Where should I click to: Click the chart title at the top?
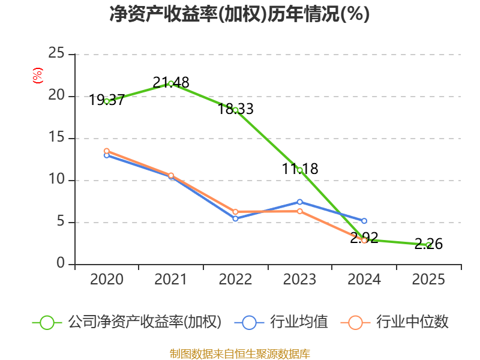click(x=239, y=14)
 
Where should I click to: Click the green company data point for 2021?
click(x=171, y=83)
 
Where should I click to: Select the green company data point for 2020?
click(x=107, y=101)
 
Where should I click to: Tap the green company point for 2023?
click(x=299, y=170)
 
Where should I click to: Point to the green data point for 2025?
click(x=428, y=245)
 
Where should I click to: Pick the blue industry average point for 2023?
click(x=299, y=202)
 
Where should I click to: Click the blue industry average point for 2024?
click(x=364, y=221)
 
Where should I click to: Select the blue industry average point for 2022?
click(x=235, y=219)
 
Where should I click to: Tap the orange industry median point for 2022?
click(x=235, y=212)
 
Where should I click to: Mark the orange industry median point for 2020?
click(x=107, y=151)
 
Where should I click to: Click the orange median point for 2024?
click(x=364, y=240)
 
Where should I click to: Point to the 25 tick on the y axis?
click(x=56, y=53)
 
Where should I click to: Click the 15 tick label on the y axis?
click(x=56, y=137)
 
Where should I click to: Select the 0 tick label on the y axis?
click(x=61, y=263)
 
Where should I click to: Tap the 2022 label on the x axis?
click(x=235, y=280)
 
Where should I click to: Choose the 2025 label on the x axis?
click(x=428, y=280)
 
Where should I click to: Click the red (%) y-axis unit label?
click(x=38, y=76)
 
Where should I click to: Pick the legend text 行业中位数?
click(x=412, y=322)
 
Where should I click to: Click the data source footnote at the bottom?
click(x=239, y=353)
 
